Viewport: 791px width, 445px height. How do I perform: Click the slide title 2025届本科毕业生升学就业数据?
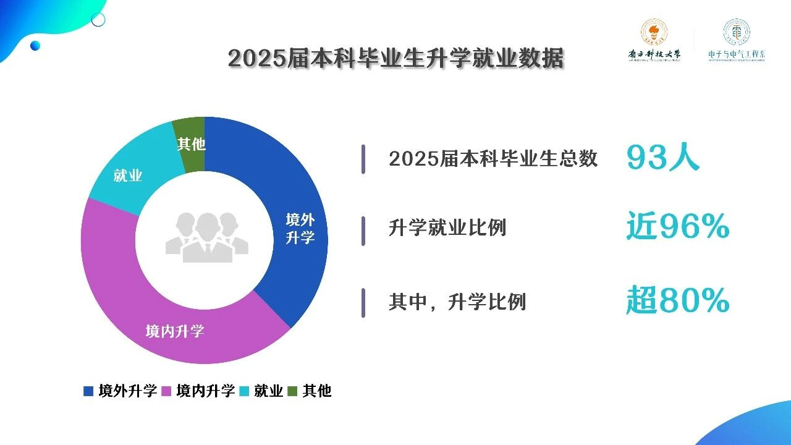pyautogui.click(x=395, y=59)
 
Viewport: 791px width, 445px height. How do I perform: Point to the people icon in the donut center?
pyautogui.click(x=206, y=237)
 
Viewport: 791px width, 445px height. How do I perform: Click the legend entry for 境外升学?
pyautogui.click(x=121, y=391)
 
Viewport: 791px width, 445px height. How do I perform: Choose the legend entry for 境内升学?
pyautogui.click(x=198, y=391)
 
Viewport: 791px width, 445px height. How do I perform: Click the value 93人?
pyautogui.click(x=662, y=158)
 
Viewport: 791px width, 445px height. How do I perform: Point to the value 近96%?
pyautogui.click(x=677, y=227)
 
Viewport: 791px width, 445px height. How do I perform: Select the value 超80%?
pyautogui.click(x=677, y=302)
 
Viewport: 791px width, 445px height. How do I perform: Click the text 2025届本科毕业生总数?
pyautogui.click(x=493, y=159)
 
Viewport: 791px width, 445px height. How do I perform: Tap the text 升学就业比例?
pyautogui.click(x=447, y=227)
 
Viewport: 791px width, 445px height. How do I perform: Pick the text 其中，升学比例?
pyautogui.click(x=457, y=302)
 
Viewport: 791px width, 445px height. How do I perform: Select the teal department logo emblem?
pyautogui.click(x=736, y=32)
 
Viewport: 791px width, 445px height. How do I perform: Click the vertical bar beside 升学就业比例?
pyautogui.click(x=363, y=231)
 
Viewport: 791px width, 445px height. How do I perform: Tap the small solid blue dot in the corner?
pyautogui.click(x=35, y=45)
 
